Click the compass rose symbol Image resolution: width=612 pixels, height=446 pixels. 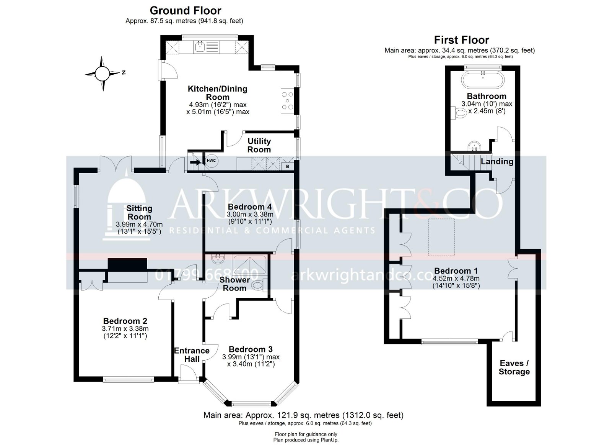(103, 73)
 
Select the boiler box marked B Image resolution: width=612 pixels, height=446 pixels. (288, 167)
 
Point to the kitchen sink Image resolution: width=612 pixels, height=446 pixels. (200, 47)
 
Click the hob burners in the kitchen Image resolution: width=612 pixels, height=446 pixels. (288, 101)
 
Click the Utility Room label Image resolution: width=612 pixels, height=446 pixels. (259, 145)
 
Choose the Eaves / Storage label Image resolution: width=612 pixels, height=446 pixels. (514, 367)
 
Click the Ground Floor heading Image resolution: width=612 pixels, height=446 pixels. (185, 10)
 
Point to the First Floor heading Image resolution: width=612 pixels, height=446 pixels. (461, 40)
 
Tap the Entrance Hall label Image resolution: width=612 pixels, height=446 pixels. (192, 354)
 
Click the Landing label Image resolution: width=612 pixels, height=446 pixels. (496, 161)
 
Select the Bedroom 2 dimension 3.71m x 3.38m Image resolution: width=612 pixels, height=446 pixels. (125, 329)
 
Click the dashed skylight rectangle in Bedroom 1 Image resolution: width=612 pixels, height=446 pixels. (441, 237)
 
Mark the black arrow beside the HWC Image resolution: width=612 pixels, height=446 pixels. (195, 162)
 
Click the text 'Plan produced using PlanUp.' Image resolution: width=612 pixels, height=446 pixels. (306, 440)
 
